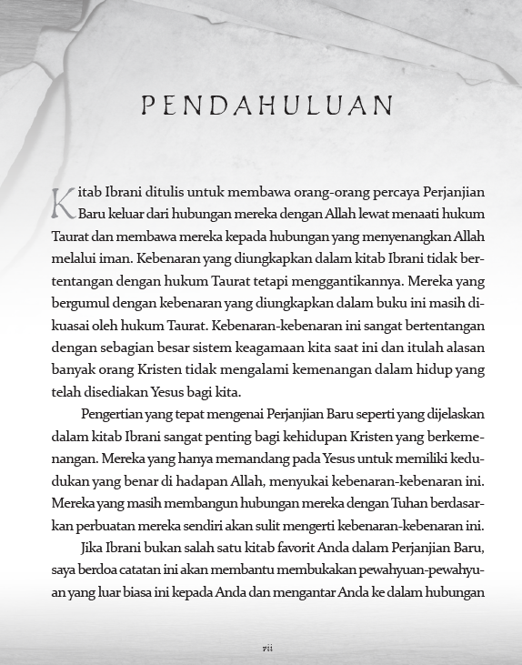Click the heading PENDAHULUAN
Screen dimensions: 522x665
click(266, 106)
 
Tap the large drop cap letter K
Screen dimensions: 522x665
click(62, 202)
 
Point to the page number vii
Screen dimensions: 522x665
click(267, 647)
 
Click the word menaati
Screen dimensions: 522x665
click(379, 215)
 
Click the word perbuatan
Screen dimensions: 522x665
click(107, 526)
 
